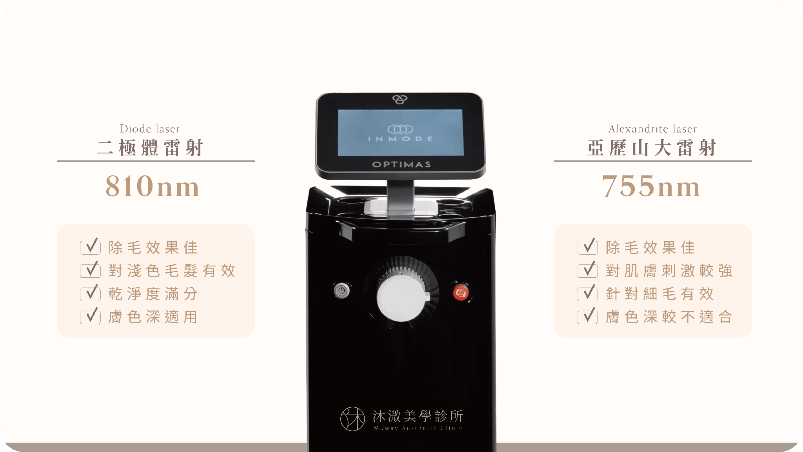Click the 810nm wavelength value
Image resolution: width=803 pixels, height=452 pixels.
(x=153, y=186)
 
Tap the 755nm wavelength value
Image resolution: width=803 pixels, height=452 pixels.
(x=651, y=186)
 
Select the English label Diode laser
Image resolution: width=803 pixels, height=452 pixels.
(x=150, y=129)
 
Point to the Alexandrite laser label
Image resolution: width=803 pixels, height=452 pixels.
(x=653, y=129)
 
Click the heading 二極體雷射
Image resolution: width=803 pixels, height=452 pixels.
(x=150, y=148)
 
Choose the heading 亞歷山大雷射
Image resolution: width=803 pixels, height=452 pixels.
(x=652, y=148)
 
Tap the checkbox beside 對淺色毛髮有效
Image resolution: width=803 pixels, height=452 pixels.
(x=91, y=270)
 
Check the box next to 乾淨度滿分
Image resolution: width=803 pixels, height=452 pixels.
(x=91, y=293)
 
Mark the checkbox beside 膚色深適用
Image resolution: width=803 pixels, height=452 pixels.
(x=91, y=316)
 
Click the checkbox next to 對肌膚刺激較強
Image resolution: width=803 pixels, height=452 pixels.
(x=588, y=270)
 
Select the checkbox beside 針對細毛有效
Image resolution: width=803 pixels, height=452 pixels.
(x=588, y=293)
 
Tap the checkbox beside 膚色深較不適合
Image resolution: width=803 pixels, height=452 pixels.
(x=588, y=316)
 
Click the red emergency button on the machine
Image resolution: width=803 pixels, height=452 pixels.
(x=461, y=292)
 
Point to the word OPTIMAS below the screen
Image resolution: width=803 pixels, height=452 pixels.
(x=401, y=164)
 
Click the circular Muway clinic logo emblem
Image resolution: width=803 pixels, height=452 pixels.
(x=352, y=419)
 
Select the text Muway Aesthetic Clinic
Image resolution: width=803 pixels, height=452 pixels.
(x=418, y=428)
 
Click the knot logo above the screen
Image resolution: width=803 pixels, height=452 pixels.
(x=400, y=100)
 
